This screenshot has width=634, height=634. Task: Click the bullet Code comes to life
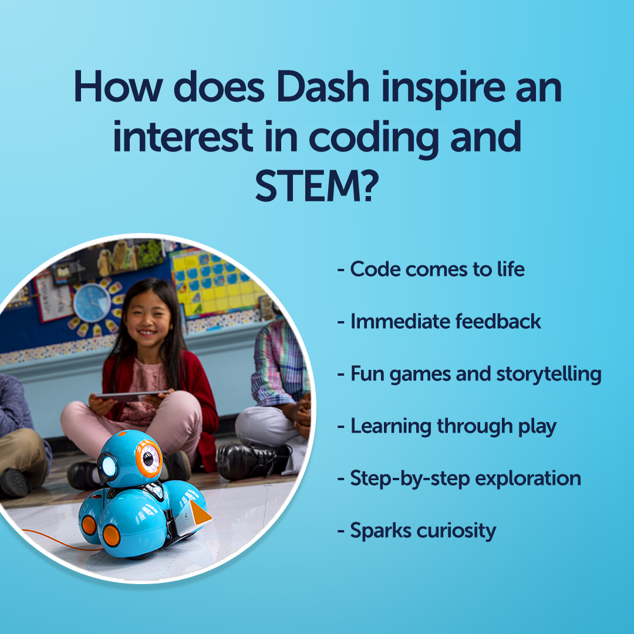pos(430,269)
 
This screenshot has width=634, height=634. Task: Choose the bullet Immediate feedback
pos(439,322)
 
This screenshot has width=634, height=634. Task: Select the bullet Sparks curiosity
pos(416,531)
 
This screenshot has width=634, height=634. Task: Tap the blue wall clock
pos(92,302)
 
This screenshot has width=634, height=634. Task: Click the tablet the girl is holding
pos(130,395)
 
